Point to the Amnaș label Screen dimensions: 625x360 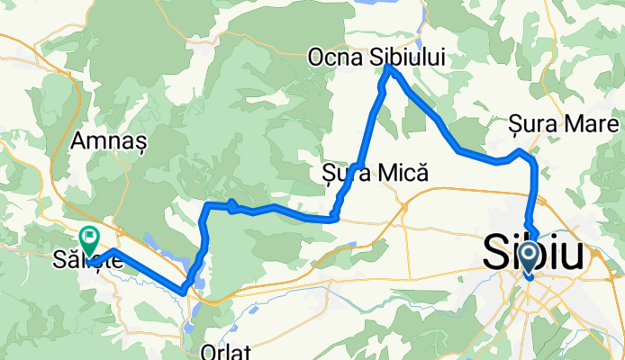103,142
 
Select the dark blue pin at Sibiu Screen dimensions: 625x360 528,257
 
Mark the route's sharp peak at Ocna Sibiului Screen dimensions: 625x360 387,67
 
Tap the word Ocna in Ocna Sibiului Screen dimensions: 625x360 334,57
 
